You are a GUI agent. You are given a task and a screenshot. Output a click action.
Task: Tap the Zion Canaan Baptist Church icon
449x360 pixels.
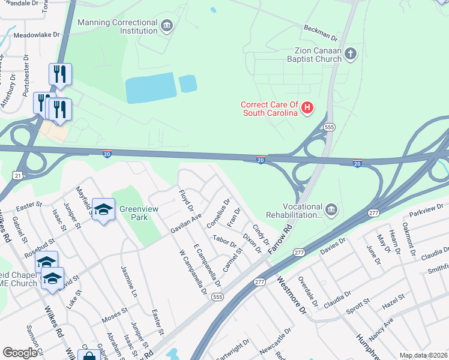(x=351, y=55)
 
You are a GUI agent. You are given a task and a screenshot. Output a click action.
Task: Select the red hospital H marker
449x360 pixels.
(x=307, y=108)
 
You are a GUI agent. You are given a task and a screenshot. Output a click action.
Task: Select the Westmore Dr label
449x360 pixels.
(x=291, y=295)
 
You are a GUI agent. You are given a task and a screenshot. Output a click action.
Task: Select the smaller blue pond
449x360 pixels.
(x=188, y=83)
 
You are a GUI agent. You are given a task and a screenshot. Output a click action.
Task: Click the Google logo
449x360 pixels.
(x=20, y=353)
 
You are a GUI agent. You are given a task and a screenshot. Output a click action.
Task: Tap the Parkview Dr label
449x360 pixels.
(x=426, y=210)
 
